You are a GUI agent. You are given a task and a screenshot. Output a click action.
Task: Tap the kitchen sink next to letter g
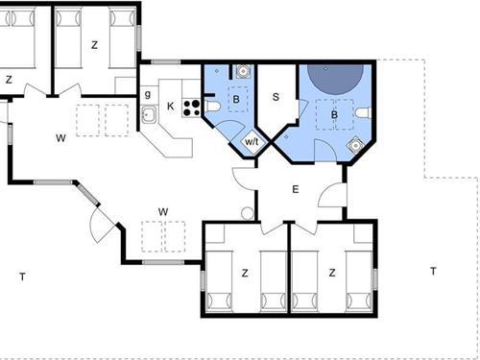pos(150,115)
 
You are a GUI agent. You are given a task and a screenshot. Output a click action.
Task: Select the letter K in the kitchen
pos(171,105)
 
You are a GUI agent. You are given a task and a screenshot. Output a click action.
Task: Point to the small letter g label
pos(147,94)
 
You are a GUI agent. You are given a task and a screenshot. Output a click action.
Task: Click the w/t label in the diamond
pos(252,141)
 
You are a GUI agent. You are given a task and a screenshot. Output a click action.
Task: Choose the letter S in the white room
pos(276,96)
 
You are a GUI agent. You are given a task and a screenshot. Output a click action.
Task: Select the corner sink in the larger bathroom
pos(355,145)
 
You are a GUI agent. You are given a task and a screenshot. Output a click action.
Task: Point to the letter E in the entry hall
pos(296,189)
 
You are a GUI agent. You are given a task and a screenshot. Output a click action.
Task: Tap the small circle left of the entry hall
pos(247,212)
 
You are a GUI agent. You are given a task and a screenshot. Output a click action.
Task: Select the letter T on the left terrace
pos(22,276)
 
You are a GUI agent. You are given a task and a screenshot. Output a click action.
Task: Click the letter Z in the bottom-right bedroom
pos(332,273)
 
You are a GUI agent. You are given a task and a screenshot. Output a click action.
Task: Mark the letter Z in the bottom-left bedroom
pos(245,273)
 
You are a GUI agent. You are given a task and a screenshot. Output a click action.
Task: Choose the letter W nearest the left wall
pos(60,139)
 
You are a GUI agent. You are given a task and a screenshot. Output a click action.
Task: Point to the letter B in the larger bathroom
pos(334,115)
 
